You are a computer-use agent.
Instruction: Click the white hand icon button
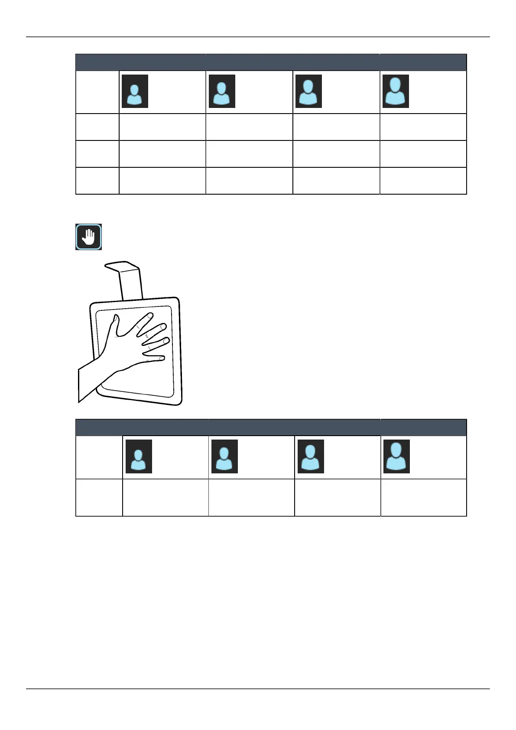click(x=88, y=237)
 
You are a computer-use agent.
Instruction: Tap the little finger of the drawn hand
click(x=160, y=358)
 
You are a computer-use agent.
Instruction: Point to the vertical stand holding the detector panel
click(x=131, y=284)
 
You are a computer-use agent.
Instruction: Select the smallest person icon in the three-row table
click(x=135, y=91)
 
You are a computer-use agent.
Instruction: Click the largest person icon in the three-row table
click(x=396, y=91)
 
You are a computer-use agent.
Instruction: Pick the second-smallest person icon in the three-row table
click(x=222, y=91)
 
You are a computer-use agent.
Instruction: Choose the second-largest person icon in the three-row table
click(x=308, y=91)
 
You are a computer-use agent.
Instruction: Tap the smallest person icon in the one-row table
click(x=139, y=456)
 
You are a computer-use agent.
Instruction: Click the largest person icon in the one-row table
click(x=396, y=456)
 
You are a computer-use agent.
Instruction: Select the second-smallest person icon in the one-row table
click(x=224, y=456)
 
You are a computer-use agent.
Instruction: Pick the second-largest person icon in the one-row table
click(x=311, y=456)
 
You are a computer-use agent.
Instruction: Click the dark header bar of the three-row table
click(x=271, y=62)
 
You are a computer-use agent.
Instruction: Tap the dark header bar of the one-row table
click(x=271, y=427)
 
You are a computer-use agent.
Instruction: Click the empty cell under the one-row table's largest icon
click(x=423, y=497)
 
